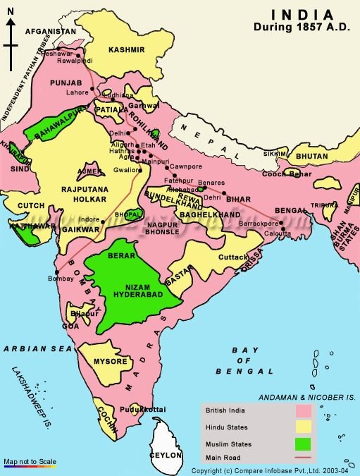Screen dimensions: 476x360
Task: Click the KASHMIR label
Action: click(127, 49)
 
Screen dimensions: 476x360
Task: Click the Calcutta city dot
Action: click(282, 230)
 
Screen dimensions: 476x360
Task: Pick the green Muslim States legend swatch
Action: click(304, 444)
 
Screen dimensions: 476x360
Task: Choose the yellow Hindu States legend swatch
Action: click(304, 427)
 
